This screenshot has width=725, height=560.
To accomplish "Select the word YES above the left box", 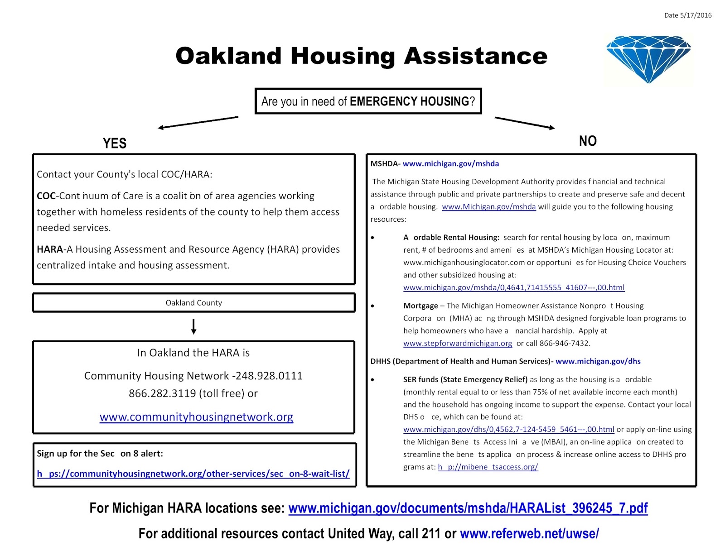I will pos(115,144).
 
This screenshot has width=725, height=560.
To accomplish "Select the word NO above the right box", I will pos(588,141).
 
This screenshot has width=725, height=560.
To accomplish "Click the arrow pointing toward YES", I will pos(198,122).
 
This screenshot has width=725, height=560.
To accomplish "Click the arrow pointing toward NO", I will pos(524,123).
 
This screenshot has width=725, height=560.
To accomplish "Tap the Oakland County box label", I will pos(193,303).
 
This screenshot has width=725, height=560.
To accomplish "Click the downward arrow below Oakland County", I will pos(193,326).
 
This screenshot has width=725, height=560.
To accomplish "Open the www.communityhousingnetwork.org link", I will pos(196,417).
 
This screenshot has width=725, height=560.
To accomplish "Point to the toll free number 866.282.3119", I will pos(162,393).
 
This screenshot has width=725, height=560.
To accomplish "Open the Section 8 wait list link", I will pos(193,474).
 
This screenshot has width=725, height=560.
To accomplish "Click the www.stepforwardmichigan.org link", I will pos(458,343).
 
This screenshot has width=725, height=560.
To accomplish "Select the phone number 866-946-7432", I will pos(564,343).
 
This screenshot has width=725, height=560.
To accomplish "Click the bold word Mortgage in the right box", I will pos(420,306).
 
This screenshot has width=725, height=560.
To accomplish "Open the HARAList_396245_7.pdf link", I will pos(468,508).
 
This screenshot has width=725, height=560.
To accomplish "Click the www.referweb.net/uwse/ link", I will pos(529,534).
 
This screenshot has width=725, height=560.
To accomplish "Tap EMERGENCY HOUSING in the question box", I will pos(409,101).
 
